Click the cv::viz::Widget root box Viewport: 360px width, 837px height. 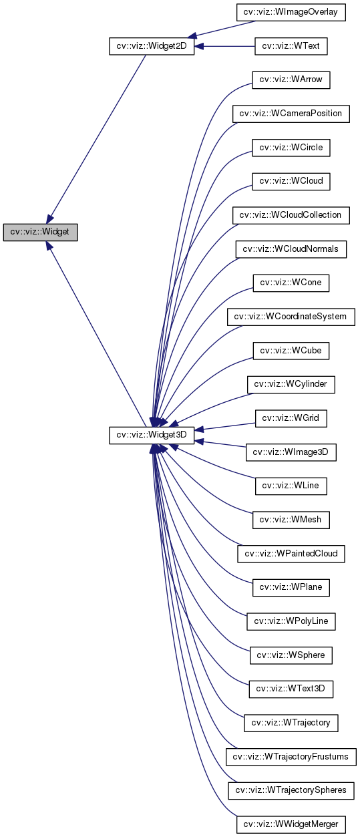(x=40, y=232)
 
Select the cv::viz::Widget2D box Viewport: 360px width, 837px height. (x=151, y=46)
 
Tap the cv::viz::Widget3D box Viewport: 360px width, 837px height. (x=151, y=435)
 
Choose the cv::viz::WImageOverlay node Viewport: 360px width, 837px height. (x=291, y=12)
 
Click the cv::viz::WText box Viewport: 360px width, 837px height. (x=291, y=46)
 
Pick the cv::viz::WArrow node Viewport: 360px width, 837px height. (x=291, y=79)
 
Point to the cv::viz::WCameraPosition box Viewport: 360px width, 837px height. (x=291, y=114)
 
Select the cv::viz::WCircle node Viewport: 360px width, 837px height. (x=291, y=147)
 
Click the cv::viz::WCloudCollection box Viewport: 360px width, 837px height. (x=291, y=215)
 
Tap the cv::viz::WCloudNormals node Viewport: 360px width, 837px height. (x=291, y=249)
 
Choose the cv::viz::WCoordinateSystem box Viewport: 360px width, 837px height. (x=291, y=317)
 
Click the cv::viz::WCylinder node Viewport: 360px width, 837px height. (x=291, y=385)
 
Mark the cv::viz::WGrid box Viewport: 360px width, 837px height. (x=291, y=418)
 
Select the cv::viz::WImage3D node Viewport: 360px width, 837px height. (x=291, y=452)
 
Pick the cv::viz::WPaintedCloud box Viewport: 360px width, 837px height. (x=291, y=554)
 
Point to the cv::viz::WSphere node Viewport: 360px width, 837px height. (x=291, y=655)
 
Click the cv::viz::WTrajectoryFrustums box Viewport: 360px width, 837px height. (x=291, y=757)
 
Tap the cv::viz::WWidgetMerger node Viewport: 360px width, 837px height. (x=291, y=825)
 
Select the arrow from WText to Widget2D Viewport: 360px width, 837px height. (x=224, y=46)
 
